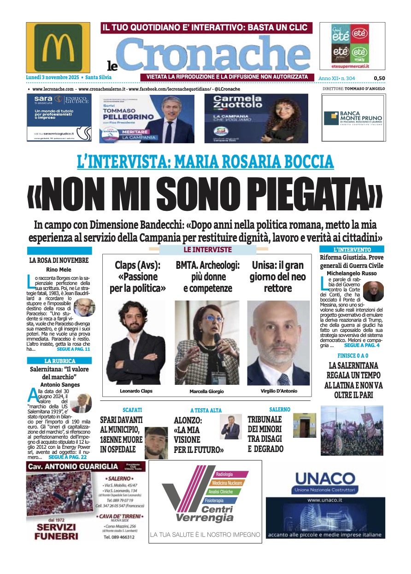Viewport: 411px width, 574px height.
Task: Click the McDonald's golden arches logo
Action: [58, 47]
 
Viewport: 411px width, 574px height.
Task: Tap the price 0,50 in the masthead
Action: [379, 78]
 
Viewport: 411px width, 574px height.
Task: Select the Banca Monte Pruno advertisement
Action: [353, 118]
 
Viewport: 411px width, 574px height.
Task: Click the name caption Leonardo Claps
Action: [136, 391]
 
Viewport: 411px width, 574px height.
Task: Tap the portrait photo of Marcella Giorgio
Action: [207, 343]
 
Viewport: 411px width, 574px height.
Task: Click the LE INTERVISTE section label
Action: [207, 249]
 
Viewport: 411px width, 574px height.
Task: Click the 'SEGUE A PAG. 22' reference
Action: [67, 457]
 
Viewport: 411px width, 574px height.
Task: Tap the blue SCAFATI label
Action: [132, 410]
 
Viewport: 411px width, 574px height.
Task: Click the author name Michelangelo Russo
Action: [352, 273]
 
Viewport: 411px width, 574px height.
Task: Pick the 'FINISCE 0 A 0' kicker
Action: [352, 356]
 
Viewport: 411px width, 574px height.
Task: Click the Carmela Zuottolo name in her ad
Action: [238, 102]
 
